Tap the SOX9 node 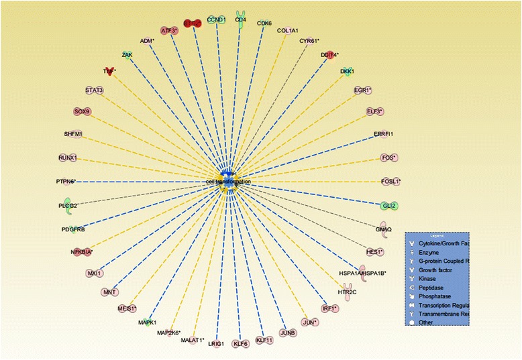(81, 111)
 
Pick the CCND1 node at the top (216, 20)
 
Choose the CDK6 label (264, 23)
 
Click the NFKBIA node (82, 252)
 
